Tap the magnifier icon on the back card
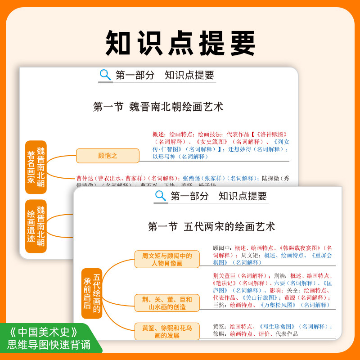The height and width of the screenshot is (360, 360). pos(105,75)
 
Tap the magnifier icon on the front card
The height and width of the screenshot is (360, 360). pos(161,196)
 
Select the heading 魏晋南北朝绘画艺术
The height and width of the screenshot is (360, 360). pos(157,107)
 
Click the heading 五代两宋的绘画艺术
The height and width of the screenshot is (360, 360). pos(211,226)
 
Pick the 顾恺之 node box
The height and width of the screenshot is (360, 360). pos(108,156)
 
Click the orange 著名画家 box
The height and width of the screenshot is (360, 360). pos(36,167)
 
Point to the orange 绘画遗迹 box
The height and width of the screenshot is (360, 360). pos(36,226)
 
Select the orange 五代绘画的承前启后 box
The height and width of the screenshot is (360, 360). pos(92,293)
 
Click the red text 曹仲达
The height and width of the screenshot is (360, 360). pos(85,178)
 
